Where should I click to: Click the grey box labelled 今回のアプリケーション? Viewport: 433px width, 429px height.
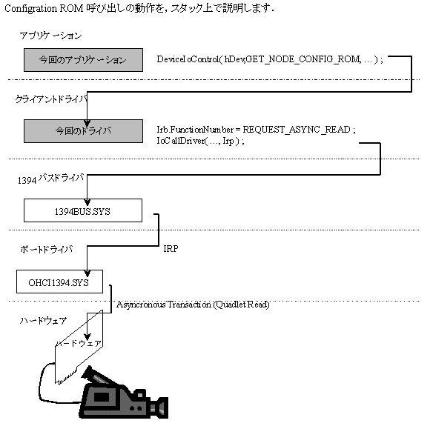(x=83, y=60)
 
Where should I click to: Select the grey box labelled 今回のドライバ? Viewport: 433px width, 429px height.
(x=83, y=131)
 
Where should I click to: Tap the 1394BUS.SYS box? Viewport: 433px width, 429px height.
(x=83, y=210)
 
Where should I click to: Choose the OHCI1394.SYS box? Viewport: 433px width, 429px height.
(x=59, y=282)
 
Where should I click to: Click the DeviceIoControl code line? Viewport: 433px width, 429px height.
(x=270, y=59)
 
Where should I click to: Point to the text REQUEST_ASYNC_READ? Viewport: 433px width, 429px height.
(x=297, y=130)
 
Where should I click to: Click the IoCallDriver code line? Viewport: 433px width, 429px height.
(x=200, y=141)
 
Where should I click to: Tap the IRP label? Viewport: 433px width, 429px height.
(x=171, y=249)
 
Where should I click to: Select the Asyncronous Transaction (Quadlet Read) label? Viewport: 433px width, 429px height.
(x=193, y=305)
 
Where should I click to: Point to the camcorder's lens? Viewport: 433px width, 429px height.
(x=160, y=408)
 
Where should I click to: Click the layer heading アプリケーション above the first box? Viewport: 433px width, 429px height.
(x=50, y=36)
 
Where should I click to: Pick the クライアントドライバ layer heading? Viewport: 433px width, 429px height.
(x=51, y=99)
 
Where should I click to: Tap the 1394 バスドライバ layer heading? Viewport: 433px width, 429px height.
(x=51, y=179)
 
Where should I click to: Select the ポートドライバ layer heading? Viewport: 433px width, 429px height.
(x=47, y=250)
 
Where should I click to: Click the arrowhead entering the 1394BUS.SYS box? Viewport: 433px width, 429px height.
(x=87, y=202)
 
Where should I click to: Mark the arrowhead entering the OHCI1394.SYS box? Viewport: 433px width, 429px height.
(x=87, y=273)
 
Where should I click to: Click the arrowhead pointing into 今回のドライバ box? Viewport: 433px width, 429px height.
(x=87, y=123)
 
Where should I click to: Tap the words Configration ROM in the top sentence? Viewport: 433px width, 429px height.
(x=44, y=9)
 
